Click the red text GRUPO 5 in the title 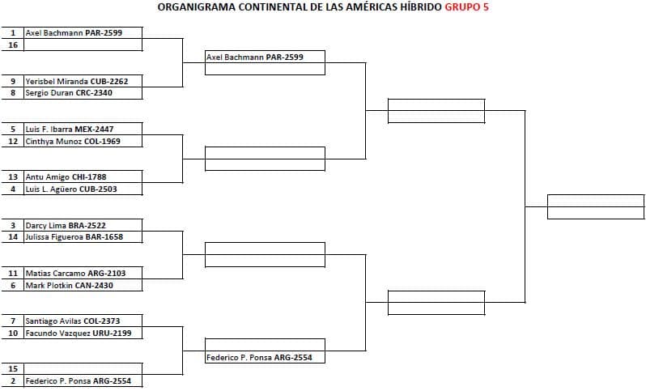[466, 7]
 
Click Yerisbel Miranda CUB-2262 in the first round [77, 81]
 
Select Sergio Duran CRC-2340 [69, 93]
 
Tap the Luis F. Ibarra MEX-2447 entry [70, 129]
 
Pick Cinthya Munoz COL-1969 [73, 142]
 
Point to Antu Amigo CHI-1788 [66, 177]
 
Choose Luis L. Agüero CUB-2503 [71, 189]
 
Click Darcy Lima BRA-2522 [66, 225]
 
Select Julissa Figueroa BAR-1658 [74, 237]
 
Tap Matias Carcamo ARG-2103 [75, 273]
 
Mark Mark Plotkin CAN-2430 [70, 285]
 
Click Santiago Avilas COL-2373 [73, 321]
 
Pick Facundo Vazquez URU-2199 [79, 333]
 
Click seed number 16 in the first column [13, 45]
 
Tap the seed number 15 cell [13, 369]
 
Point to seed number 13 [13, 177]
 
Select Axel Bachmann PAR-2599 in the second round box [255, 57]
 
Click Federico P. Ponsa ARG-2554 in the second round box [259, 358]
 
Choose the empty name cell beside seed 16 [83, 45]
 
